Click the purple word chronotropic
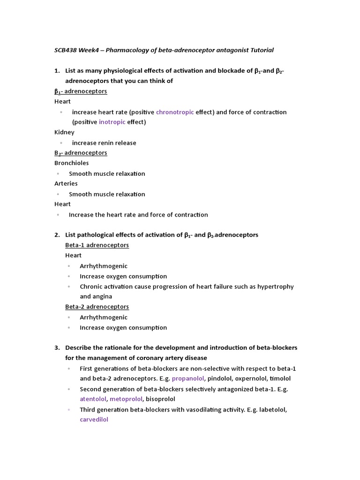(x=175, y=112)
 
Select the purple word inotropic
(x=112, y=122)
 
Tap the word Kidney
(x=64, y=133)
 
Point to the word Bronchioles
(x=71, y=163)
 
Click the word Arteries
(x=66, y=184)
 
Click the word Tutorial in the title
(x=261, y=50)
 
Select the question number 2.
(x=57, y=235)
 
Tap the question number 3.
(x=57, y=348)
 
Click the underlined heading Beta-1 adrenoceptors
(x=97, y=245)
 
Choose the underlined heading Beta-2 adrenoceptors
(x=97, y=307)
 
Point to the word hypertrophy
(x=277, y=286)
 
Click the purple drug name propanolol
(x=188, y=379)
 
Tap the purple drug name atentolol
(x=93, y=399)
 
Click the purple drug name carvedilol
(x=94, y=420)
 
